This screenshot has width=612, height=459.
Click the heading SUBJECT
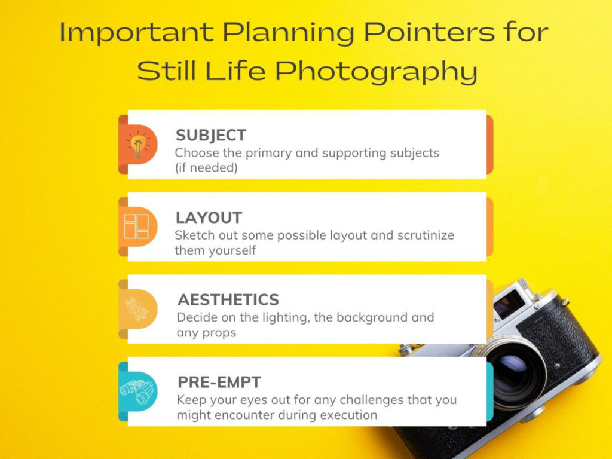click(x=211, y=136)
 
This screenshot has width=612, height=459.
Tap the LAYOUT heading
click(x=209, y=218)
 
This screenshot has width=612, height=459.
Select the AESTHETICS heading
click(x=228, y=300)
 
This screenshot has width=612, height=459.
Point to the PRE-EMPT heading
click(x=219, y=382)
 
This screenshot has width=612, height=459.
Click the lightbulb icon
click(x=137, y=145)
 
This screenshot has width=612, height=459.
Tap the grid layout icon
click(x=136, y=227)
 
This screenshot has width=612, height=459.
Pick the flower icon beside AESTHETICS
click(x=137, y=309)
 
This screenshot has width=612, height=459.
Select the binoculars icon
click(x=137, y=391)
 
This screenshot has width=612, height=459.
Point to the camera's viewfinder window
click(x=509, y=303)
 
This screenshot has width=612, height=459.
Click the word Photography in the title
click(x=377, y=72)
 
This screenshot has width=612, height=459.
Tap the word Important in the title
click(x=137, y=33)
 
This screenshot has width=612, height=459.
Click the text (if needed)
click(x=206, y=168)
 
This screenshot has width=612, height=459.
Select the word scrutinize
click(x=426, y=235)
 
